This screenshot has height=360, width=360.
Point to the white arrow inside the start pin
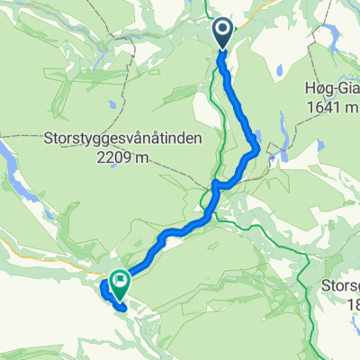[x=223, y=31]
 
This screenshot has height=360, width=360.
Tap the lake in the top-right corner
[x=331, y=36]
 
